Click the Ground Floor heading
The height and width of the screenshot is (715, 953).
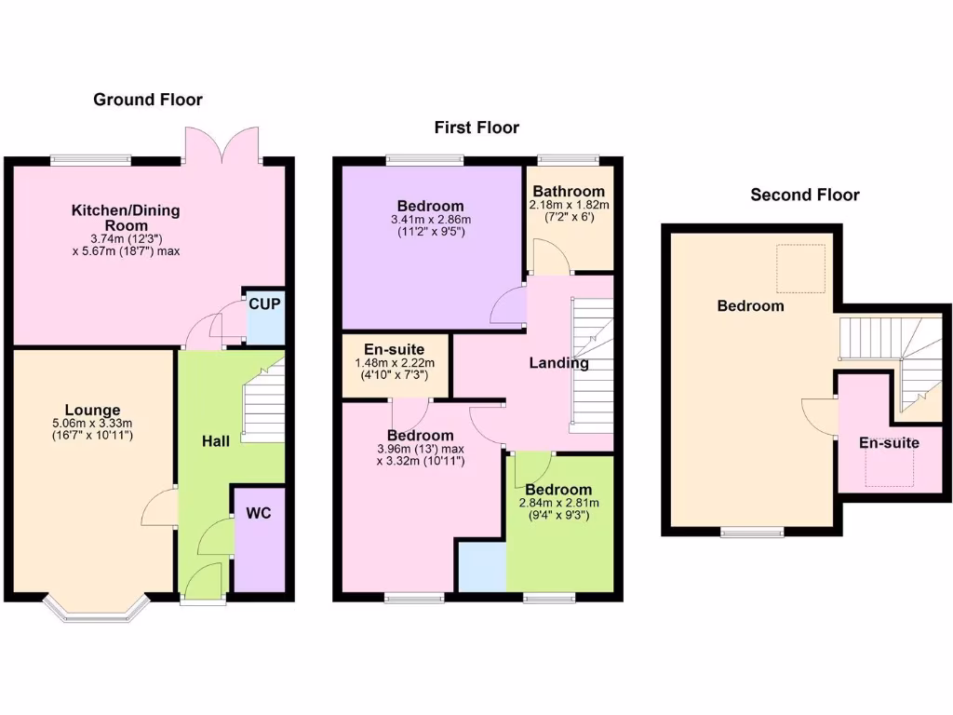147,100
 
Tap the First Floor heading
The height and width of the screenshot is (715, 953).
476,128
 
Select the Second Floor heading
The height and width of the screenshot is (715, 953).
805,195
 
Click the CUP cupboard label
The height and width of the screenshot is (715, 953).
264,304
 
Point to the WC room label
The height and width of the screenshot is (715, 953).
258,513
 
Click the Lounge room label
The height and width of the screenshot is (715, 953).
92,410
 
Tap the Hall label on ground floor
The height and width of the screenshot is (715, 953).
216,440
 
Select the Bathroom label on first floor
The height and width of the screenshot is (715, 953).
569,191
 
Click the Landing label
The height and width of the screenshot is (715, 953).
558,363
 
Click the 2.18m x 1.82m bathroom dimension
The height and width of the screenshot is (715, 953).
569,205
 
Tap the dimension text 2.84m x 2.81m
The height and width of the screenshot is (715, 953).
558,504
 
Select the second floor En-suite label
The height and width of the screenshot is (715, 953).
889,442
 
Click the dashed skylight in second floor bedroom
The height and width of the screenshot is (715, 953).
800,268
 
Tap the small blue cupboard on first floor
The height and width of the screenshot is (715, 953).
480,565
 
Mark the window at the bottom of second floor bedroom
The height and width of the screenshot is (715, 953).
752,533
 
